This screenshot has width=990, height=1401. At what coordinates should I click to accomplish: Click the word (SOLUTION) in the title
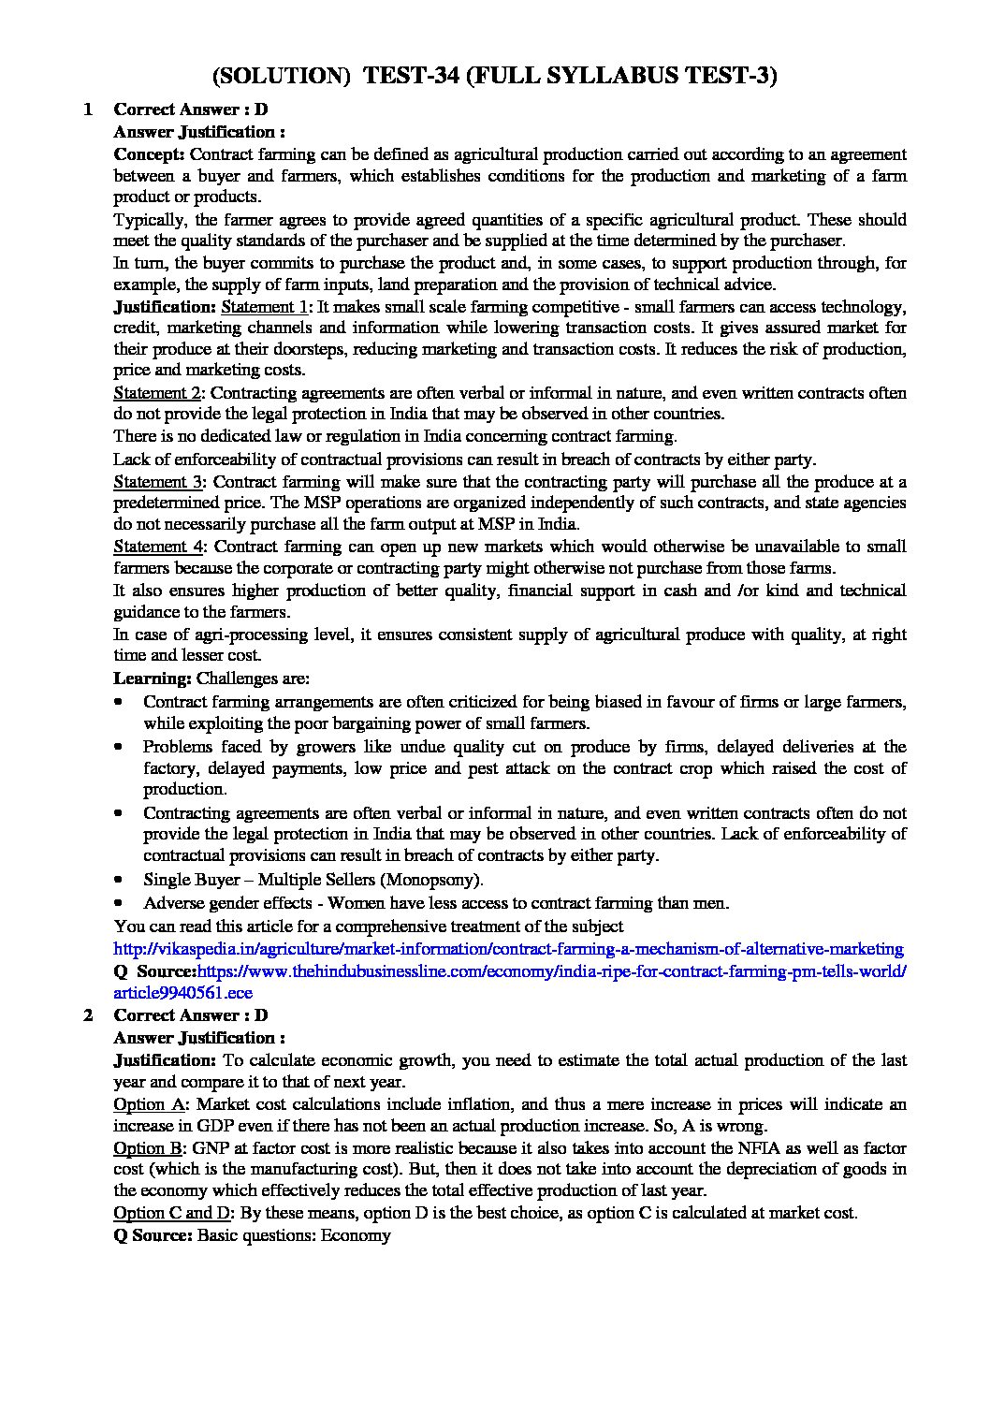pyautogui.click(x=282, y=76)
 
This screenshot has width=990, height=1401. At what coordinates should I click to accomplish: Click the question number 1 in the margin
pyautogui.click(x=87, y=109)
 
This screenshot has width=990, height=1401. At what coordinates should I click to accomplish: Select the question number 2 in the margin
pyautogui.click(x=87, y=1015)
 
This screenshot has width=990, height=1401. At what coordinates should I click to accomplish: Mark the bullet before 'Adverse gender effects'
pyautogui.click(x=119, y=903)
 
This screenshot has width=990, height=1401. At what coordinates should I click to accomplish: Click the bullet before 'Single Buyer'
pyautogui.click(x=119, y=880)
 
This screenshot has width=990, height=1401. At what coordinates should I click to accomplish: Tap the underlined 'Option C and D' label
pyautogui.click(x=172, y=1213)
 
